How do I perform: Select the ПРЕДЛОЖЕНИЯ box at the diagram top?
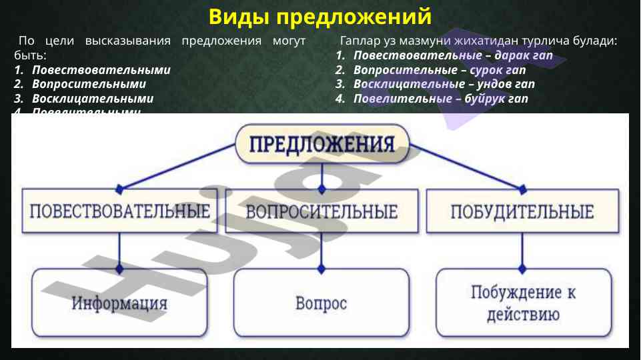tap(322, 143)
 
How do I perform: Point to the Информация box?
tap(120, 303)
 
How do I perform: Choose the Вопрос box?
tap(322, 303)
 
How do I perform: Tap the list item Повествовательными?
tap(101, 69)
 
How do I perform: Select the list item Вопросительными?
tap(88, 84)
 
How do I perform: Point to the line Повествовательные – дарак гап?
tap(453, 55)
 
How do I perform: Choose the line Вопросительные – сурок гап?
tap(440, 70)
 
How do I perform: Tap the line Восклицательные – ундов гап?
tap(444, 85)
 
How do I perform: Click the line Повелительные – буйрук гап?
tap(441, 99)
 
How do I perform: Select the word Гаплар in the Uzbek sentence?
tap(360, 41)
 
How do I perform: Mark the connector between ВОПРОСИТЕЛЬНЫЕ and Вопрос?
tap(322, 251)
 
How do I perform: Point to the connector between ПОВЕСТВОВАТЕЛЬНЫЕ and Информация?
tap(120, 251)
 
